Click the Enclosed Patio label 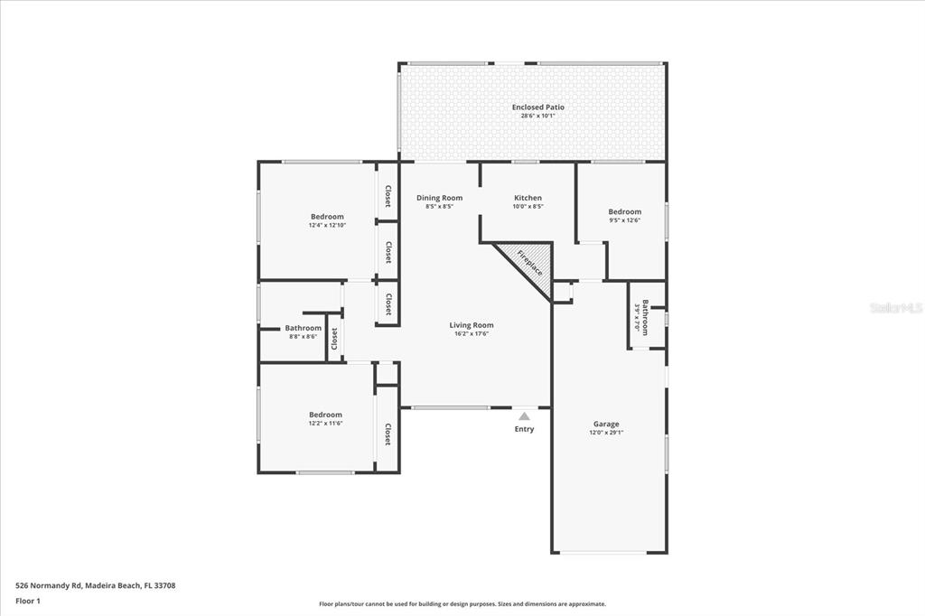(x=537, y=107)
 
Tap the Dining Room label (x=440, y=198)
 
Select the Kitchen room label (x=528, y=198)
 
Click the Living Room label (x=472, y=325)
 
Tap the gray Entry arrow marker (x=524, y=416)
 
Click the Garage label (x=606, y=424)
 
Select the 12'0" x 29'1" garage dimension (x=606, y=433)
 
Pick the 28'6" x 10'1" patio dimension (x=537, y=117)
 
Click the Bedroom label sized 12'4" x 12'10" (x=327, y=217)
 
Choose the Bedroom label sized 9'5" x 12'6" (x=625, y=212)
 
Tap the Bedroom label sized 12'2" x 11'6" (x=325, y=415)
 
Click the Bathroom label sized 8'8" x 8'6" (x=304, y=328)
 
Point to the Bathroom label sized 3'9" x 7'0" (x=645, y=317)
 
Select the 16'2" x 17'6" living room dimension (x=472, y=334)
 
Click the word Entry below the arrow (x=524, y=429)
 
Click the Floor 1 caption (x=28, y=602)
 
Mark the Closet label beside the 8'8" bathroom (x=334, y=339)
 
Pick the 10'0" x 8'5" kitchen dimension (x=528, y=207)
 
